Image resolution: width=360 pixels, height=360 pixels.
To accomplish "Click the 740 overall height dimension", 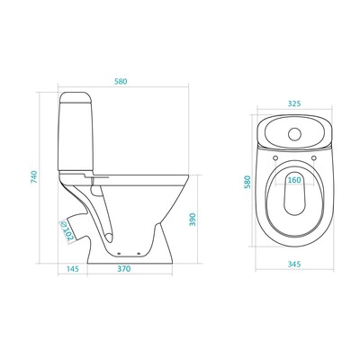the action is pyautogui.click(x=34, y=176).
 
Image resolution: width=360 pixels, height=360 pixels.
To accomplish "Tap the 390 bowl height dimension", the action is pyautogui.click(x=193, y=220).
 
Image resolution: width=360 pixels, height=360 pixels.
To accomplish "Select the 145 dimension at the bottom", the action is pyautogui.click(x=72, y=269).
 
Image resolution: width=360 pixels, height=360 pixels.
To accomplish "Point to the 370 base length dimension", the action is pyautogui.click(x=124, y=269).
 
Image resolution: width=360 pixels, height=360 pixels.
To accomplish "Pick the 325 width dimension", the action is pyautogui.click(x=294, y=103).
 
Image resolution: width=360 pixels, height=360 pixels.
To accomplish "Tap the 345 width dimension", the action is pyautogui.click(x=294, y=265).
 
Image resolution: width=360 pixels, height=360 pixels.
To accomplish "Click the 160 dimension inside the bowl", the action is pyautogui.click(x=294, y=180).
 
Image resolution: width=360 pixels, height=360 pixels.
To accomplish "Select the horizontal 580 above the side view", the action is pyautogui.click(x=121, y=81).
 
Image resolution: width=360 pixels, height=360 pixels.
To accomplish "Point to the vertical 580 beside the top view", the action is pyautogui.click(x=247, y=182).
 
